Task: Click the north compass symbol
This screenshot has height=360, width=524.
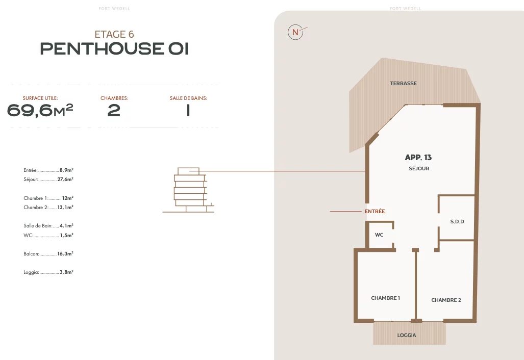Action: click(x=295, y=33)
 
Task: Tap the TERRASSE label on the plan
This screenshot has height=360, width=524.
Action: click(x=404, y=84)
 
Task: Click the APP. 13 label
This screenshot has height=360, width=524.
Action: click(x=418, y=157)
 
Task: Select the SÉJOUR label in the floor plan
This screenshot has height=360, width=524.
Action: click(x=419, y=169)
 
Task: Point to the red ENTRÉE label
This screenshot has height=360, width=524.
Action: click(x=375, y=212)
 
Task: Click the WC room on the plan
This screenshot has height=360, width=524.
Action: click(x=379, y=235)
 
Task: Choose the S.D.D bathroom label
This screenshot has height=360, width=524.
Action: click(x=457, y=221)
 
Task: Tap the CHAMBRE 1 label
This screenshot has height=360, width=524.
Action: click(x=385, y=298)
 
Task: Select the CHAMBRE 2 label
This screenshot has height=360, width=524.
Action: click(x=446, y=300)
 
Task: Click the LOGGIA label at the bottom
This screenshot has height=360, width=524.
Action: click(x=406, y=336)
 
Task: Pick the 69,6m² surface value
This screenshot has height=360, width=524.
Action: click(x=40, y=110)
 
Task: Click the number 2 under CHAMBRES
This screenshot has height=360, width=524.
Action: click(x=114, y=111)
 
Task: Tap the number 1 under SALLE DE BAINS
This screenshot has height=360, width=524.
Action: click(x=188, y=111)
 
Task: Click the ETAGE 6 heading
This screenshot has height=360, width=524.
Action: click(x=114, y=34)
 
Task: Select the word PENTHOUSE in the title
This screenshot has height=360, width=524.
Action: click(x=102, y=49)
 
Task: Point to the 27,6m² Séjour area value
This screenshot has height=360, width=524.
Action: click(x=65, y=179)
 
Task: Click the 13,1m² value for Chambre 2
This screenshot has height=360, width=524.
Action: click(x=65, y=207)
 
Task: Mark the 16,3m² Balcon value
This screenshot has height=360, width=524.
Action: click(x=65, y=253)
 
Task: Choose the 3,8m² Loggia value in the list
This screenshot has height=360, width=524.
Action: click(x=66, y=272)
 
